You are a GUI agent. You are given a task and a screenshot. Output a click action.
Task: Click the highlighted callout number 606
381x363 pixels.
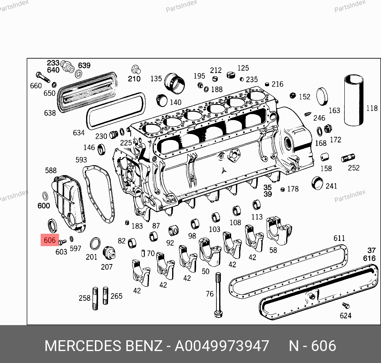[x=49, y=240]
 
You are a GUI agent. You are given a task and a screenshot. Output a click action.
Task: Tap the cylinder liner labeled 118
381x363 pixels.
[x=354, y=101]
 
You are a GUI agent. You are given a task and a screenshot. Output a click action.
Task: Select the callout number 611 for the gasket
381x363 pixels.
[x=339, y=238]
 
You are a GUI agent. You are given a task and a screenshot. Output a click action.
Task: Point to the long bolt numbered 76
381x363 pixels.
[x=218, y=295]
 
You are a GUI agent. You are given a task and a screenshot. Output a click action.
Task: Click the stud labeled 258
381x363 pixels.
[x=95, y=298]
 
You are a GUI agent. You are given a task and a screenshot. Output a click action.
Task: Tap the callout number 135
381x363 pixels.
[x=156, y=79]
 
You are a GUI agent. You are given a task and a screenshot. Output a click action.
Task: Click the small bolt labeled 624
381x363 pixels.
[x=346, y=306]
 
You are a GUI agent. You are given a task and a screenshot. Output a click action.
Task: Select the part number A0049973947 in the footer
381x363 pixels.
[x=222, y=346]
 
